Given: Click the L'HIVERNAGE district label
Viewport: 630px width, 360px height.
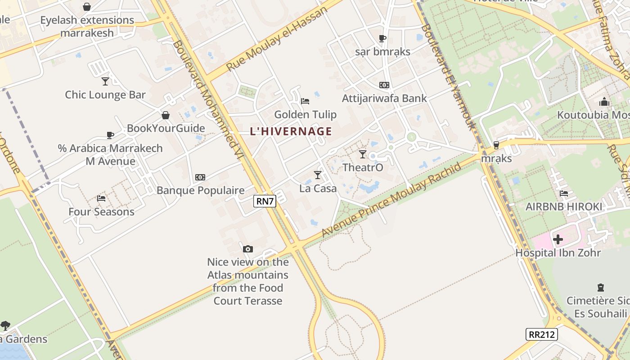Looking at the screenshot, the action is (291, 131).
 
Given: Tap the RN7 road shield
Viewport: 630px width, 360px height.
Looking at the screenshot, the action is (265, 201).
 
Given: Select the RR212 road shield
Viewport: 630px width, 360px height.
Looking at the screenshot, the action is (542, 334).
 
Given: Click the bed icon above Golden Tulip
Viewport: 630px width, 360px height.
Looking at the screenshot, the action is (305, 101).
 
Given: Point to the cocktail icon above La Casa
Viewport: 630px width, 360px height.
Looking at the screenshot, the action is (318, 175).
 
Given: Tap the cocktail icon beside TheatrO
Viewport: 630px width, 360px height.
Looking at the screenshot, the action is (363, 154).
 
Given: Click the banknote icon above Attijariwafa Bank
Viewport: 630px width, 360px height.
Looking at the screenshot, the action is (384, 85).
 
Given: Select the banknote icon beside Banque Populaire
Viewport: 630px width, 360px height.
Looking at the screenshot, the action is (200, 177).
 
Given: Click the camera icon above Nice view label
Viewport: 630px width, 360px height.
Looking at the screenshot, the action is (247, 249).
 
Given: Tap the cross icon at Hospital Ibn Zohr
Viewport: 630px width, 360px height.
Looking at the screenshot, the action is (558, 239).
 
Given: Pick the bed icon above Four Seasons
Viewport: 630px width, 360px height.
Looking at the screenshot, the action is (101, 198).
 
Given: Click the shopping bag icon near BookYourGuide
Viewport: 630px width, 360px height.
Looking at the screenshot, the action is (166, 115).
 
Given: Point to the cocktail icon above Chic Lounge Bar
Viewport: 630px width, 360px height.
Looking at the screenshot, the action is (105, 81).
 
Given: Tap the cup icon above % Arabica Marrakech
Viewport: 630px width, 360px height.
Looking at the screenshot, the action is (110, 135).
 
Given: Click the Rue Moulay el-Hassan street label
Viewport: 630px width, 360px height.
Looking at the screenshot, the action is (276, 39).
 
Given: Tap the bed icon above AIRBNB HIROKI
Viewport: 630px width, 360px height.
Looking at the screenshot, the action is (563, 193).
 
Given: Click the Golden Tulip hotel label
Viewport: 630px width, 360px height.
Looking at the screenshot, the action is (305, 115).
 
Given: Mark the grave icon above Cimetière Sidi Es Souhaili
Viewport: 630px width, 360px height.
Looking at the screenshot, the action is (600, 287).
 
